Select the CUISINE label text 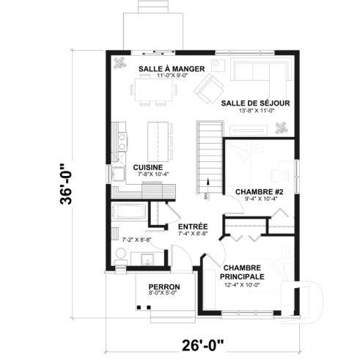tap(147, 167)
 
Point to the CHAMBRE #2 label tap(255, 191)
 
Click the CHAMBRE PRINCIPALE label tap(244, 272)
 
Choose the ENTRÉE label tap(193, 227)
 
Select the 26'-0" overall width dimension tap(203, 343)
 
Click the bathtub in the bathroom tap(129, 217)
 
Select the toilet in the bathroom tap(122, 256)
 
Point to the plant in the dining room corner tap(118, 63)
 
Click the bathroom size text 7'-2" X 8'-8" tap(136, 239)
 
